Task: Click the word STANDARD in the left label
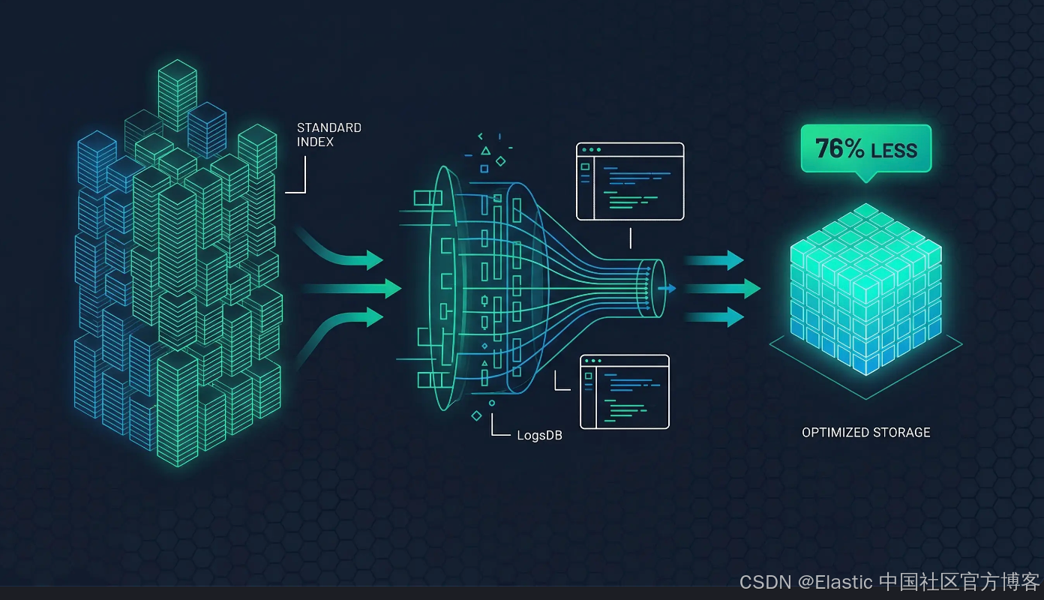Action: (x=328, y=128)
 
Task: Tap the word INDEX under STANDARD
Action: (x=315, y=142)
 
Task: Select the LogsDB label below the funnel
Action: (x=539, y=436)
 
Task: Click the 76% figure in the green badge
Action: (x=839, y=148)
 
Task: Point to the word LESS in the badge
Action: (x=893, y=150)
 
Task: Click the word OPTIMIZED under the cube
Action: (x=835, y=433)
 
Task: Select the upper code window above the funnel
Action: (x=630, y=181)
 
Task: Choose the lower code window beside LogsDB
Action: (x=624, y=391)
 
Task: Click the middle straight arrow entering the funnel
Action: (x=352, y=288)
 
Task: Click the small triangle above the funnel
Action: (x=485, y=151)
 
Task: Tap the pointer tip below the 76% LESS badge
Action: (x=866, y=178)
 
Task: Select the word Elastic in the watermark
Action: (x=842, y=582)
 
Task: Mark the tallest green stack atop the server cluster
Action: (x=177, y=94)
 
